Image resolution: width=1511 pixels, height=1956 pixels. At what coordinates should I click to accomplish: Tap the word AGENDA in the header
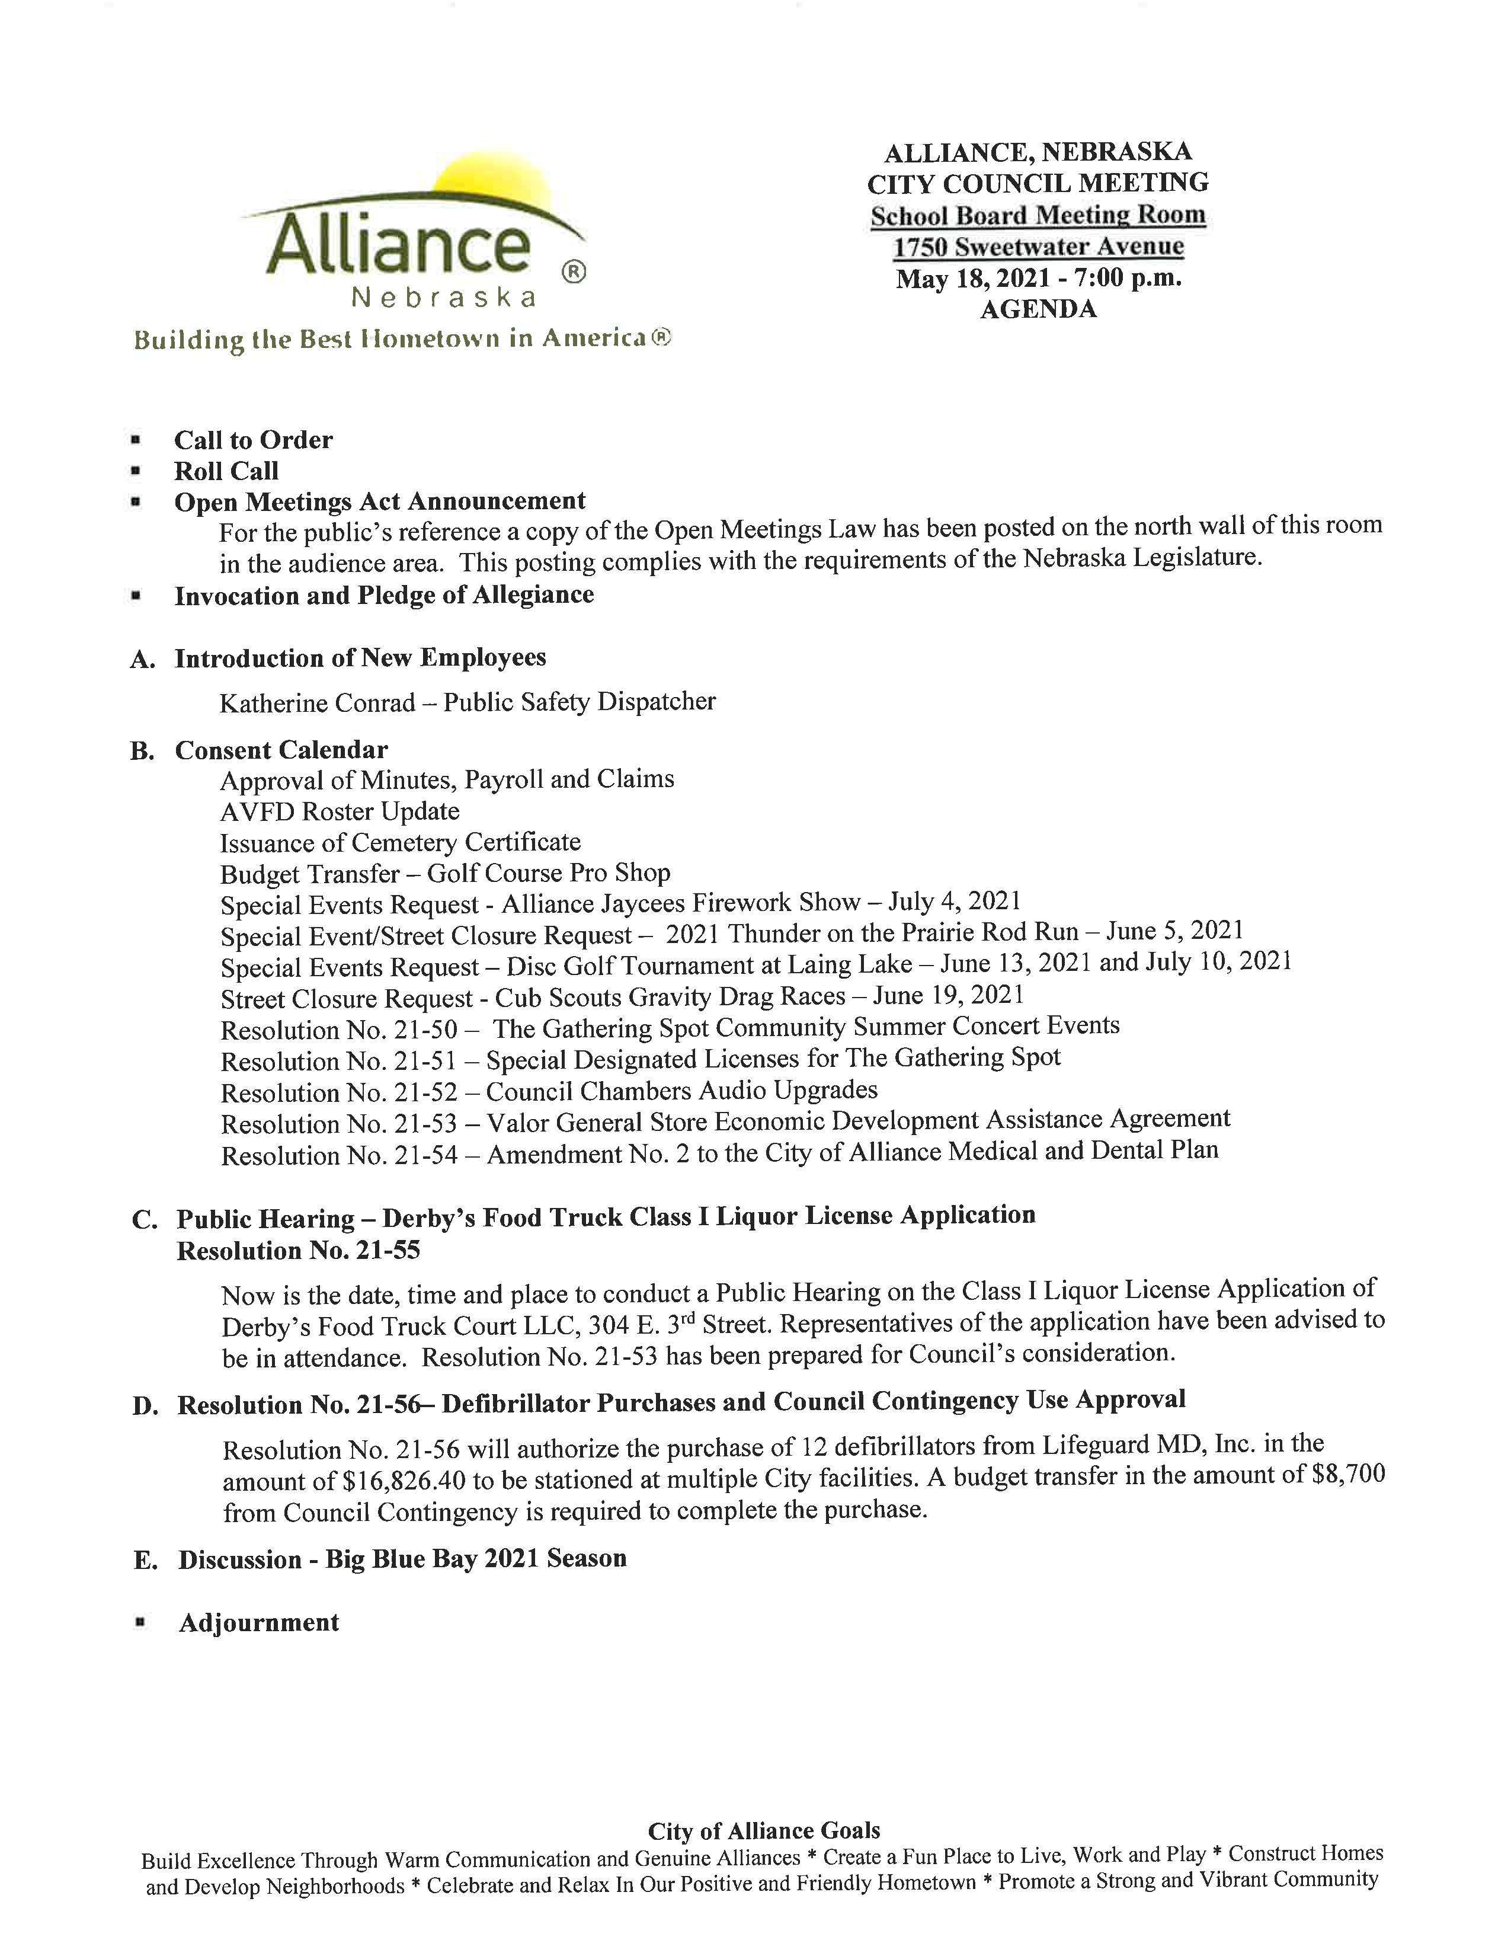(x=1038, y=310)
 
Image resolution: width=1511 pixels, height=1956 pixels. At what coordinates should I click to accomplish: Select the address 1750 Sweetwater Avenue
(x=1038, y=247)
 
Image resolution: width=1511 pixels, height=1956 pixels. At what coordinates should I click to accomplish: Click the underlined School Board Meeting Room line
(x=1038, y=215)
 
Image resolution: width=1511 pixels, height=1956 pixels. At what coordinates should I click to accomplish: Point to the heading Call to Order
(x=254, y=440)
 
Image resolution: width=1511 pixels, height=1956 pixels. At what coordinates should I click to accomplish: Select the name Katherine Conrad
(x=317, y=703)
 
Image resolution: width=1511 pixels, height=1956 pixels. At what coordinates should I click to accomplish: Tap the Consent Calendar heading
(x=281, y=750)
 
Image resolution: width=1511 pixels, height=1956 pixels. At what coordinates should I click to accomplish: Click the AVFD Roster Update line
(x=340, y=811)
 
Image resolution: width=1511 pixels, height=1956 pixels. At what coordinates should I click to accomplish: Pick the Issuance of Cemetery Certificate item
(x=400, y=843)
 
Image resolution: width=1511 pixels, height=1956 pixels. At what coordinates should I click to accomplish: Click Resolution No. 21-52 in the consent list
(x=338, y=1092)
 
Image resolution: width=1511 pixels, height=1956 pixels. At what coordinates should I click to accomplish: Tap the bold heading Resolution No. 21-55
(x=298, y=1250)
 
